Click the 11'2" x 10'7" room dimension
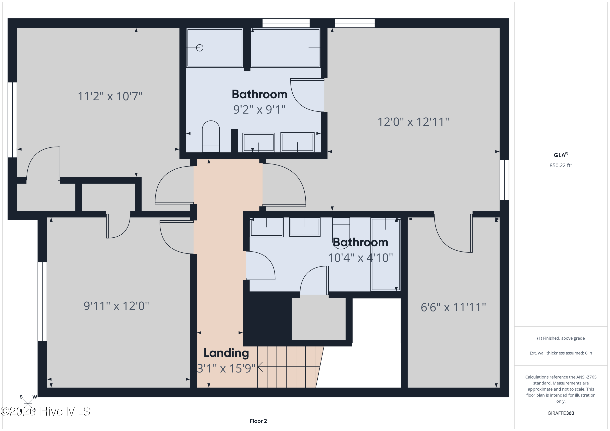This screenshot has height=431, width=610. [x=110, y=96]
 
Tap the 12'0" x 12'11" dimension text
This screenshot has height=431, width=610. [x=413, y=122]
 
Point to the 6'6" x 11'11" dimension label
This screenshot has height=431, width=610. [x=453, y=307]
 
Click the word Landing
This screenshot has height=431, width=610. [x=226, y=353]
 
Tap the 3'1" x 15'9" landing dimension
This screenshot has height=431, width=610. [x=226, y=368]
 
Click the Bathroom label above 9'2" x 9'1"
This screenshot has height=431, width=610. [x=260, y=94]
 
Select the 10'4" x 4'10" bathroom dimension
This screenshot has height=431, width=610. [x=361, y=258]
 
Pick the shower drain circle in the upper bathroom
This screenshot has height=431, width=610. [x=200, y=48]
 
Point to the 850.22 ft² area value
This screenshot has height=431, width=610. [x=561, y=165]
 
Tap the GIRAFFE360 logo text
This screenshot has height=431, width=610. [x=561, y=413]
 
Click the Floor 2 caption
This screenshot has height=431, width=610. [x=258, y=421]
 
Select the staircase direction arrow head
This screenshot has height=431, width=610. [x=260, y=367]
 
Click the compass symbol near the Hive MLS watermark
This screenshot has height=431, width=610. [x=28, y=403]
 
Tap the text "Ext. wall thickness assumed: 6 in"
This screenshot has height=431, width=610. [x=561, y=353]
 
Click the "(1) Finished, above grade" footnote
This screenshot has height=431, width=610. [x=561, y=338]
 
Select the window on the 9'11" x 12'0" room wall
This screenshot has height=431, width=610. [x=42, y=301]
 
